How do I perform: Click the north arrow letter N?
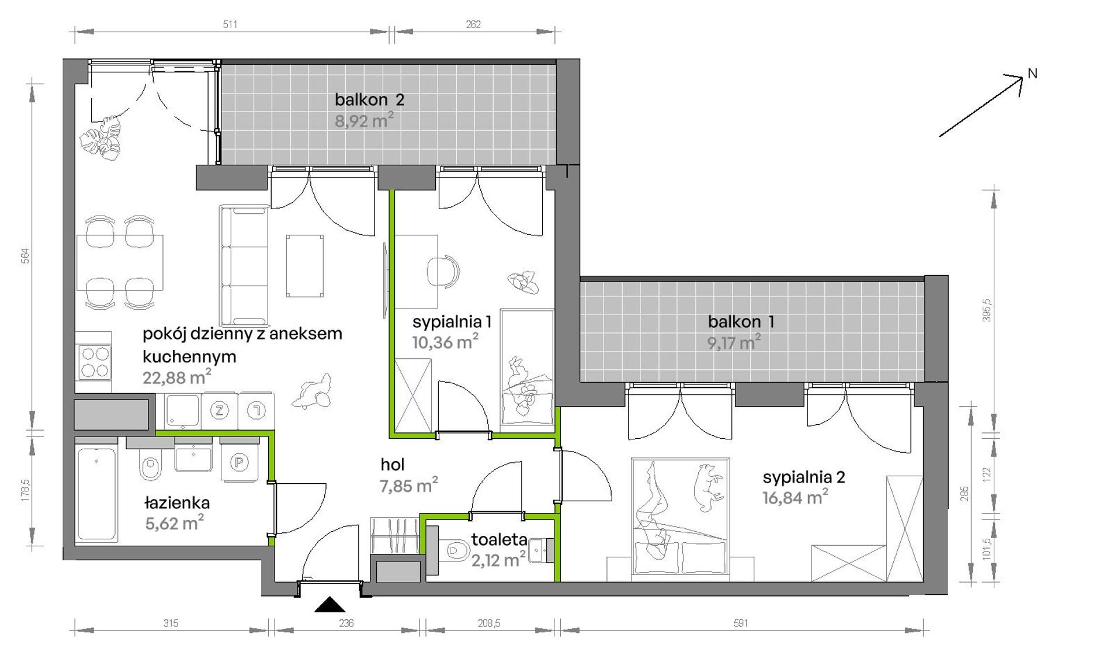tap(1032, 74)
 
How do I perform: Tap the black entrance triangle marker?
tap(330, 605)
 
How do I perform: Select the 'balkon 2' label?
tap(369, 100)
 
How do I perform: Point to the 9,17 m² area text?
tap(734, 342)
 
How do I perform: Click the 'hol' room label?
tap(393, 465)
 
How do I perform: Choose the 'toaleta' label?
tap(500, 539)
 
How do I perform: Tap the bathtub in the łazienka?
tap(96, 494)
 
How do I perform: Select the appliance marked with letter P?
tap(240, 462)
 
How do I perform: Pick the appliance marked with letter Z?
tap(220, 411)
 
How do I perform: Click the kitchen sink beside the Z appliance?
tap(183, 410)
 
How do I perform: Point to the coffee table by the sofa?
tap(304, 266)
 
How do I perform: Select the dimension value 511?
tap(230, 24)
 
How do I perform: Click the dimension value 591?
tap(741, 623)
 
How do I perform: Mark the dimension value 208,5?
tap(489, 623)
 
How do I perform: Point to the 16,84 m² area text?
tap(795, 498)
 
